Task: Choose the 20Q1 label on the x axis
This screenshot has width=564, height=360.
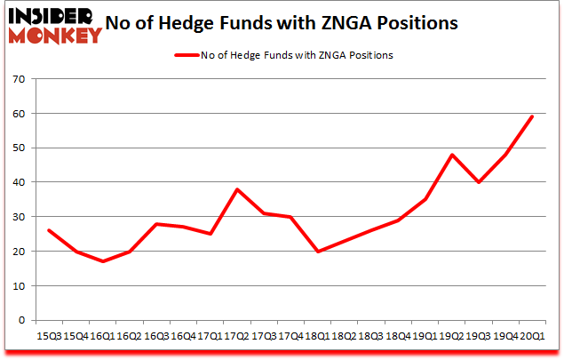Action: click(533, 336)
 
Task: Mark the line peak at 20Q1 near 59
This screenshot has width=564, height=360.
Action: click(533, 116)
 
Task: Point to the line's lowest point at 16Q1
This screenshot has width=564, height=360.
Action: click(103, 261)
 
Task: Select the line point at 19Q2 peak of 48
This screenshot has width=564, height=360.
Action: click(453, 155)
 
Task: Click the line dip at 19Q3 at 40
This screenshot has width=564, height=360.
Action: click(480, 182)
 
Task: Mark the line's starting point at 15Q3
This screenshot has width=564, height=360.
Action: click(48, 230)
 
